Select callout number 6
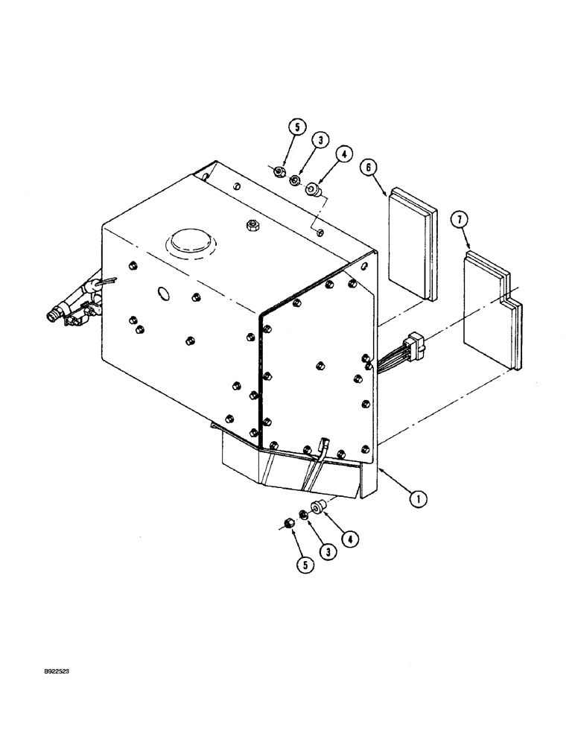click(368, 168)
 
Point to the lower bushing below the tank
click(319, 509)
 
